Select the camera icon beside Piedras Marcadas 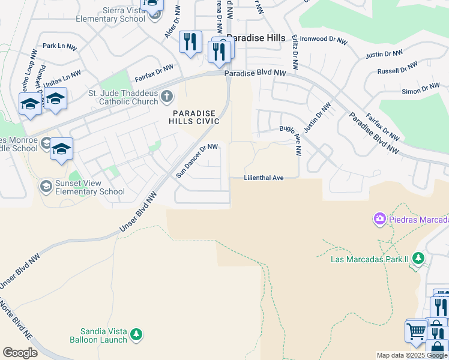[379, 219]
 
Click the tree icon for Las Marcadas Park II [418, 259]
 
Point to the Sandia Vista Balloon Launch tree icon [136, 334]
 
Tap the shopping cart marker [416, 331]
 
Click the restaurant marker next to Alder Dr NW [190, 42]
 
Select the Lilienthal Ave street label [264, 178]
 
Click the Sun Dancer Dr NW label [197, 160]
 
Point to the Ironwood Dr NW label [324, 40]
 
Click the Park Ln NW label [60, 46]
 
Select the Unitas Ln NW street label [62, 77]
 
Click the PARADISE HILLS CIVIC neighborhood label [196, 117]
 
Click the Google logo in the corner [20, 353]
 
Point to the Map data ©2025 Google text [412, 355]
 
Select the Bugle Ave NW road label [294, 138]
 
